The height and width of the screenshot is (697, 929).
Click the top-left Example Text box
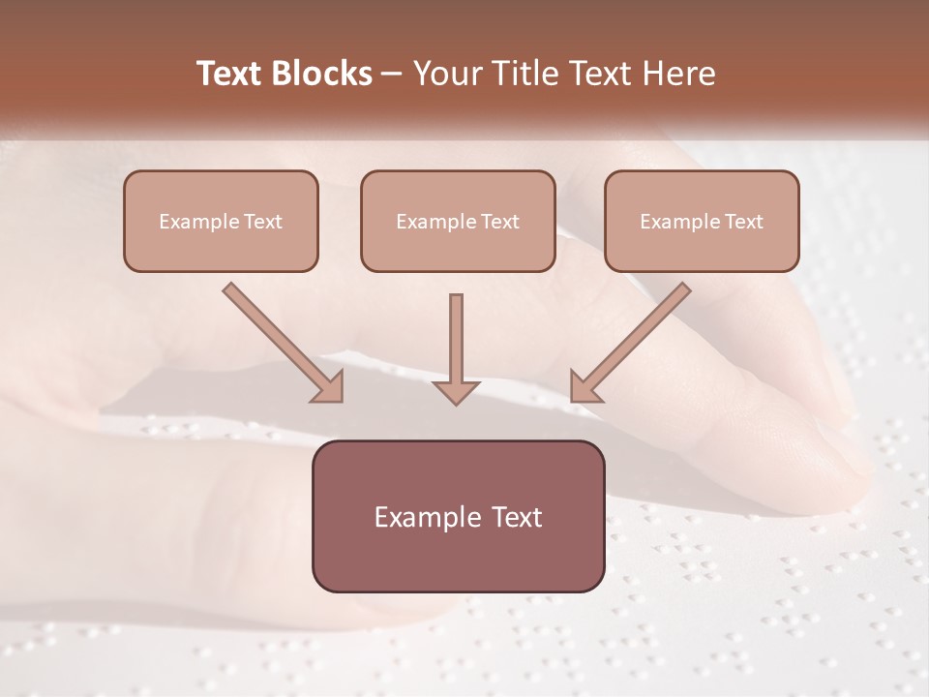coord(221,221)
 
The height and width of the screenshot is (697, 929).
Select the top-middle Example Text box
coord(458,221)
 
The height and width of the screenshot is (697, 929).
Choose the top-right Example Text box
coord(702,221)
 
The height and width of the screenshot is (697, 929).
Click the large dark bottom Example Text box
coord(458,516)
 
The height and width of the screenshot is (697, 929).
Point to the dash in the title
coord(392,75)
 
